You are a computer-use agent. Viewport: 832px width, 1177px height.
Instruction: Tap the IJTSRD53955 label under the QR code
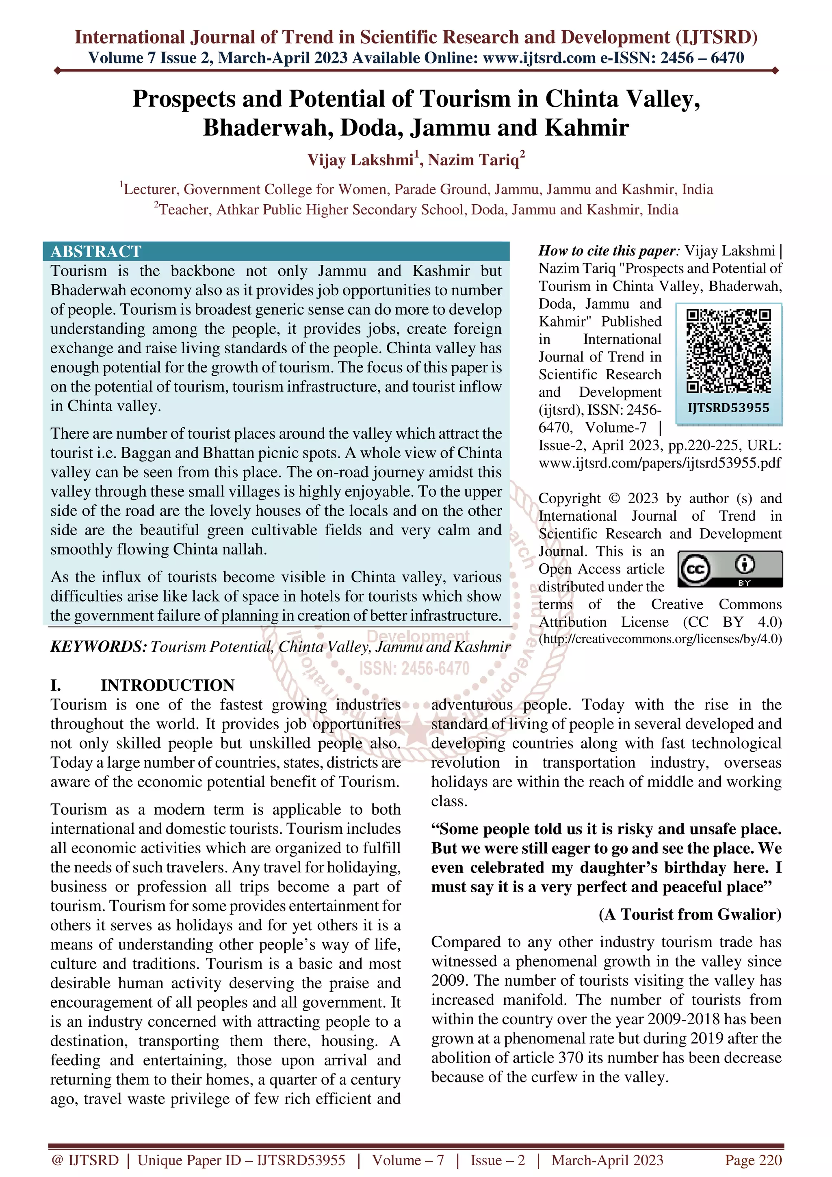(728, 408)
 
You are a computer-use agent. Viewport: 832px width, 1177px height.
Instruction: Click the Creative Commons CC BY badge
(730, 569)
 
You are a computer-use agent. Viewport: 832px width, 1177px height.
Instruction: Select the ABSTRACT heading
(96, 251)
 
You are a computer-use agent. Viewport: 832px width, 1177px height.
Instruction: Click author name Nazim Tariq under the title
(475, 160)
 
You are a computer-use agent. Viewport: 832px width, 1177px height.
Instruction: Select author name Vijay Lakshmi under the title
(360, 160)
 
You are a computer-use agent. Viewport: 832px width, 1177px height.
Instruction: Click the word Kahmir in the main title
(587, 128)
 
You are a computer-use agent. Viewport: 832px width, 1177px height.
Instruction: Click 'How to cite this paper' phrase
(607, 251)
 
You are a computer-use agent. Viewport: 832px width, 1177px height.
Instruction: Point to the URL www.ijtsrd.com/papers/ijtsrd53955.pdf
(660, 463)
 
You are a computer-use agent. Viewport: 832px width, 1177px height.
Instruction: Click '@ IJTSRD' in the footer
(84, 1160)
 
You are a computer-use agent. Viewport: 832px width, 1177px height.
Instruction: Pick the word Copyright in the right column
(569, 498)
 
